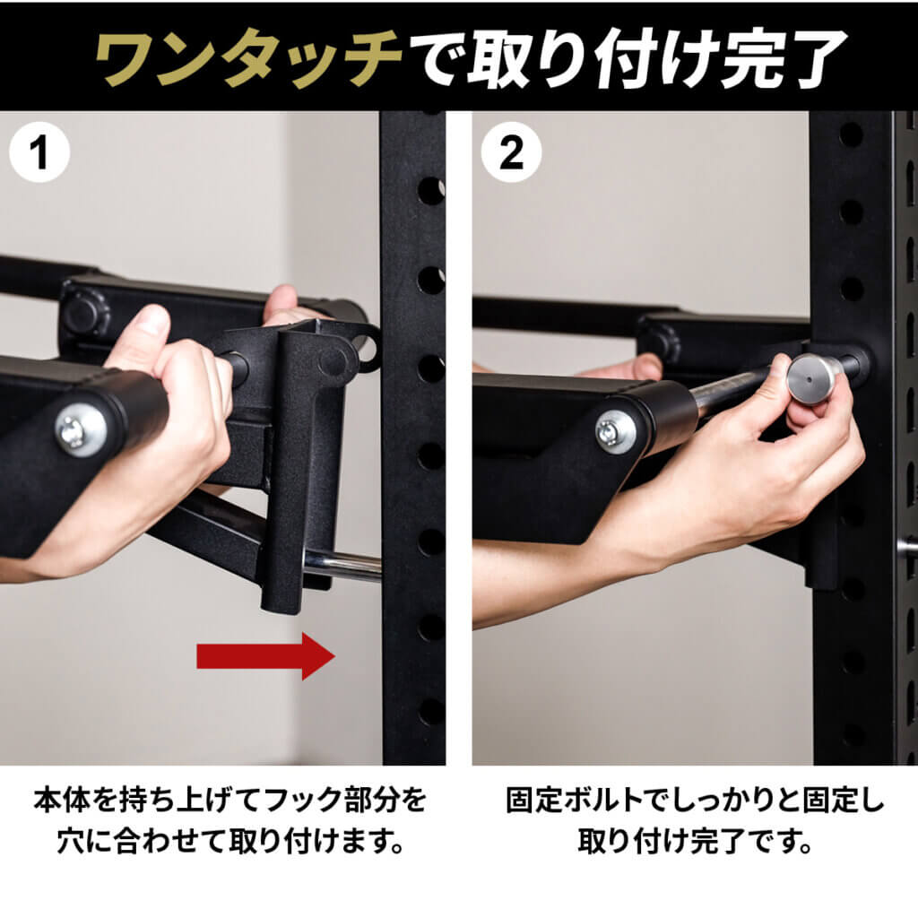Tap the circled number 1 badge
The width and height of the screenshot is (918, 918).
[38, 153]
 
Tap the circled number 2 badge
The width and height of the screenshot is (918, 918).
[510, 153]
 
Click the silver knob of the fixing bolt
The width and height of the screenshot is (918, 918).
[810, 377]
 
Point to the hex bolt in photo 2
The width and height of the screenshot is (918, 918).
[616, 431]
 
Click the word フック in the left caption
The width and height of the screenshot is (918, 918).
[286, 797]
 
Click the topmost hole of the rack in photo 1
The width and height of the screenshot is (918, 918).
[431, 190]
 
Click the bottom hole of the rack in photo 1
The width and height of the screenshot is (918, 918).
[431, 711]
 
